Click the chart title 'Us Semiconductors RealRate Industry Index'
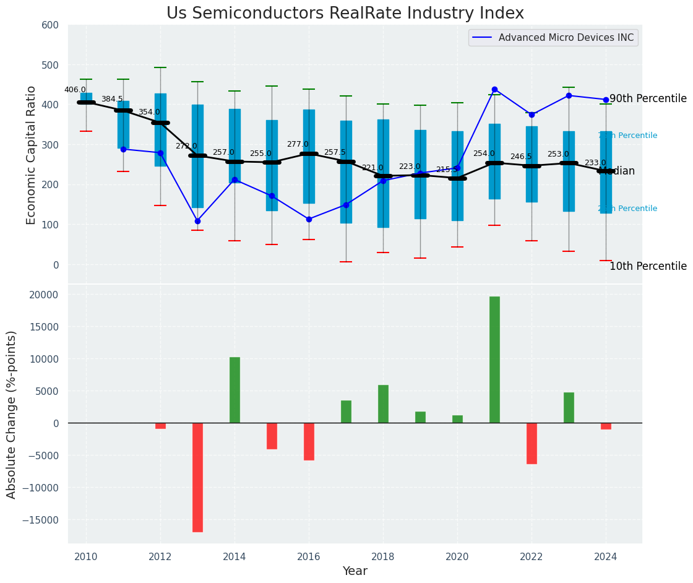click(x=345, y=14)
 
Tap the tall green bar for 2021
click(x=494, y=360)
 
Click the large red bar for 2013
click(x=197, y=477)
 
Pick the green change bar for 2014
click(x=235, y=390)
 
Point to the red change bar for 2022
click(x=532, y=443)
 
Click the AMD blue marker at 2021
click(x=494, y=90)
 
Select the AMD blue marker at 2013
click(x=197, y=221)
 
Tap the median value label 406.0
click(x=75, y=90)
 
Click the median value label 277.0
click(x=298, y=144)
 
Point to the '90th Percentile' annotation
click(x=648, y=99)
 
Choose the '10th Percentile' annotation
click(x=648, y=267)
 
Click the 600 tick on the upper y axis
click(x=50, y=25)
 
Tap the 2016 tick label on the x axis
click(x=309, y=557)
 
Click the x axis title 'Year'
click(x=355, y=571)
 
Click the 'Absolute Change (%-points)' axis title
click(x=12, y=414)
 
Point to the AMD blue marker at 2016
click(x=309, y=219)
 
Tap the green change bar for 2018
click(x=383, y=404)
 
